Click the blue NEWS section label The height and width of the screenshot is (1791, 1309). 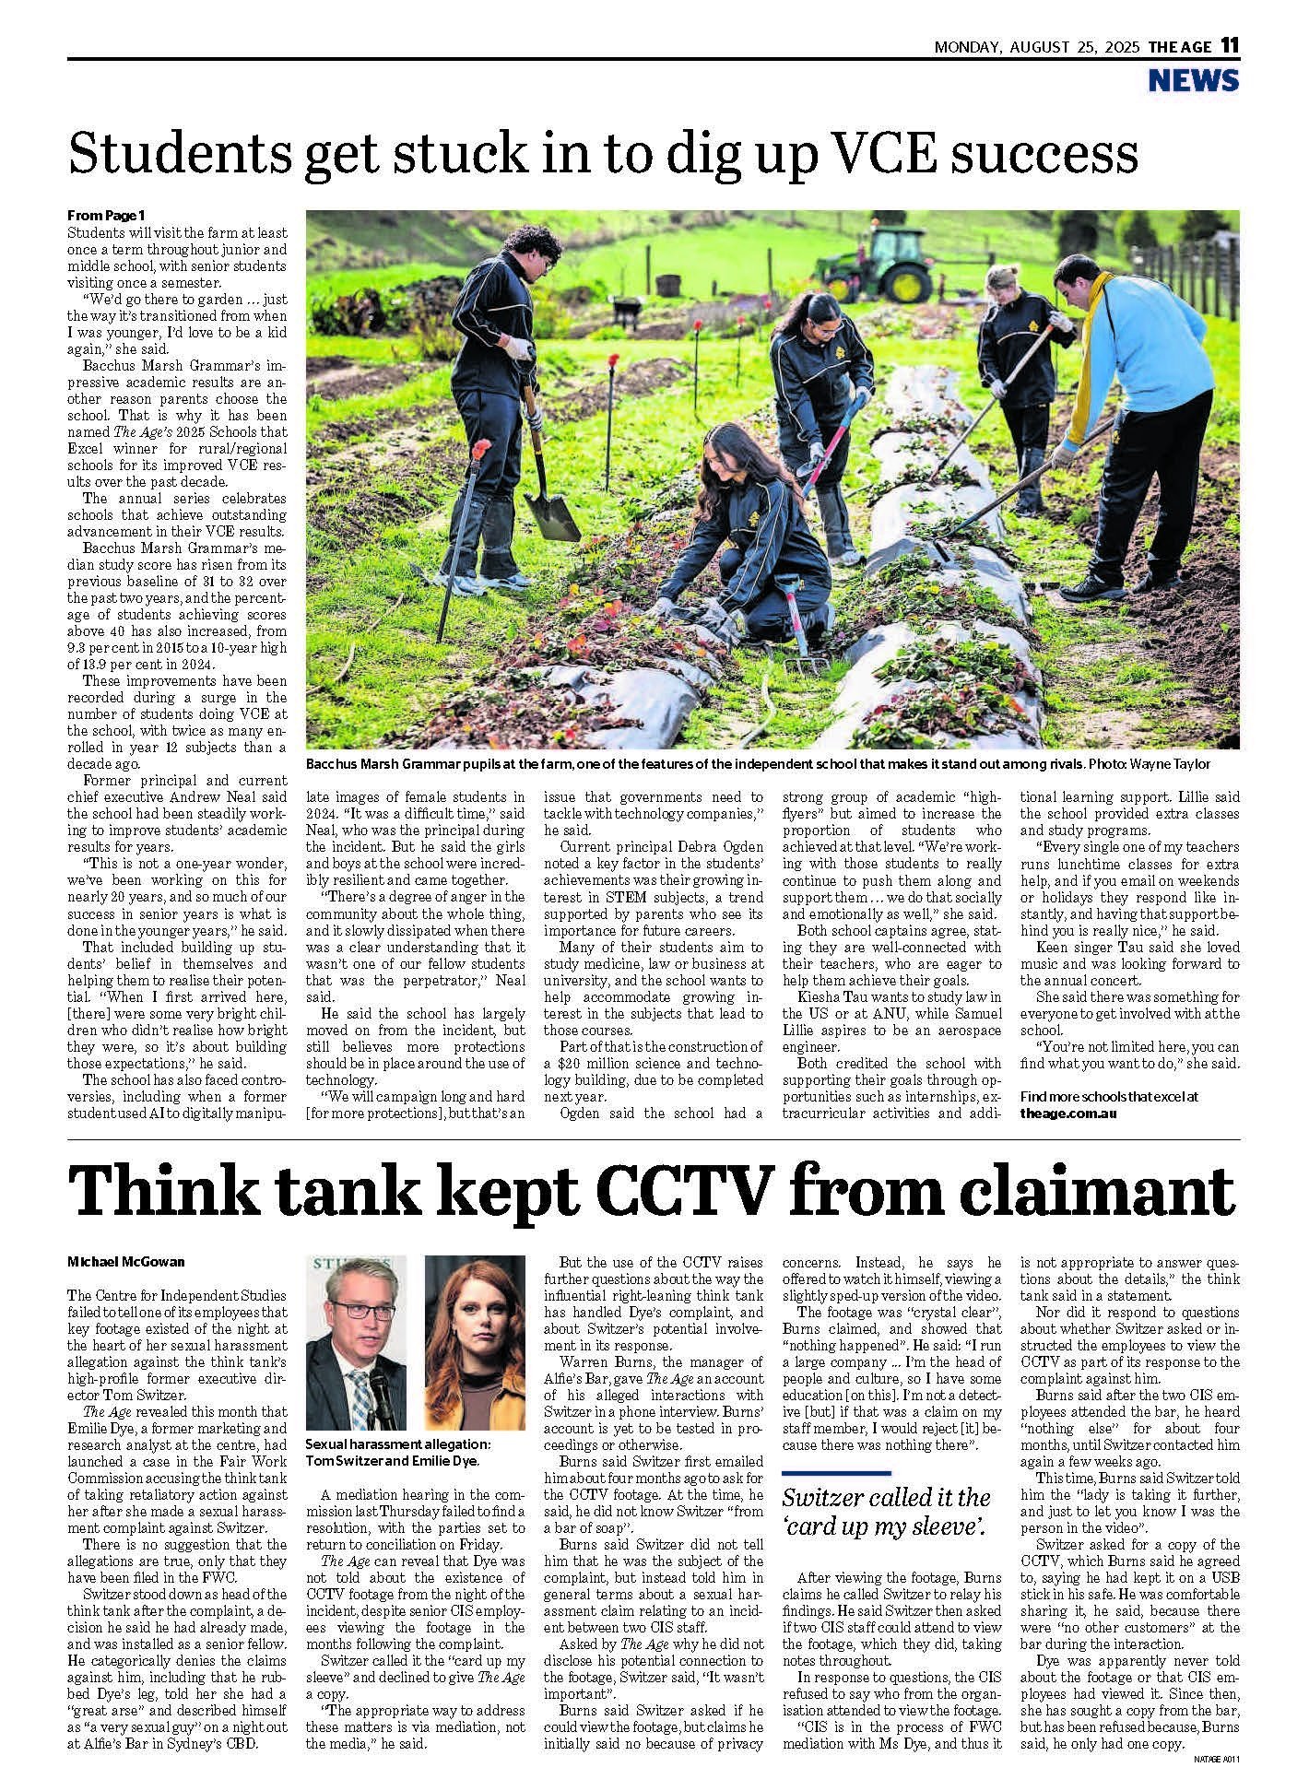pyautogui.click(x=1194, y=81)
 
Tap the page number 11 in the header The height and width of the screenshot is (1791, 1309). pyautogui.click(x=1229, y=45)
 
